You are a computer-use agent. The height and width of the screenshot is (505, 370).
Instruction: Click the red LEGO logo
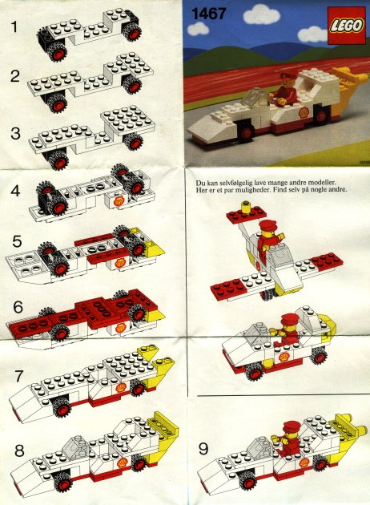[347, 26]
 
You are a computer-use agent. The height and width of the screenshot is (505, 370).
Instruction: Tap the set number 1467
[209, 14]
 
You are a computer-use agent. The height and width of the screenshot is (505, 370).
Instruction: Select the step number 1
[14, 26]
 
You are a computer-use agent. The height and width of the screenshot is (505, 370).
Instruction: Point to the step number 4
[15, 191]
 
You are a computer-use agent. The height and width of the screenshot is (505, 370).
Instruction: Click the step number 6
[18, 307]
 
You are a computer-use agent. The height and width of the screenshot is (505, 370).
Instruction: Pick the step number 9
[203, 449]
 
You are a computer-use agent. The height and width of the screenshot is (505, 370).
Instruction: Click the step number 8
[20, 450]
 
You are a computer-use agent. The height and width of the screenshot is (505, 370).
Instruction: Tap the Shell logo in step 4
[119, 201]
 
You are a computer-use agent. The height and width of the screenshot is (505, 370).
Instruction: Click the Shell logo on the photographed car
[303, 112]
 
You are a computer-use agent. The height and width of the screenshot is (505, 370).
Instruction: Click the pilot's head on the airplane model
[267, 229]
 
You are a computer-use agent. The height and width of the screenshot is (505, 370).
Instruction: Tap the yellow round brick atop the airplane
[246, 207]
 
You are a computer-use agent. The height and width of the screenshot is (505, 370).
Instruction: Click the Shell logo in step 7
[120, 387]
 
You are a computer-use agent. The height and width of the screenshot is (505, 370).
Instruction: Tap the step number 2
[14, 77]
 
